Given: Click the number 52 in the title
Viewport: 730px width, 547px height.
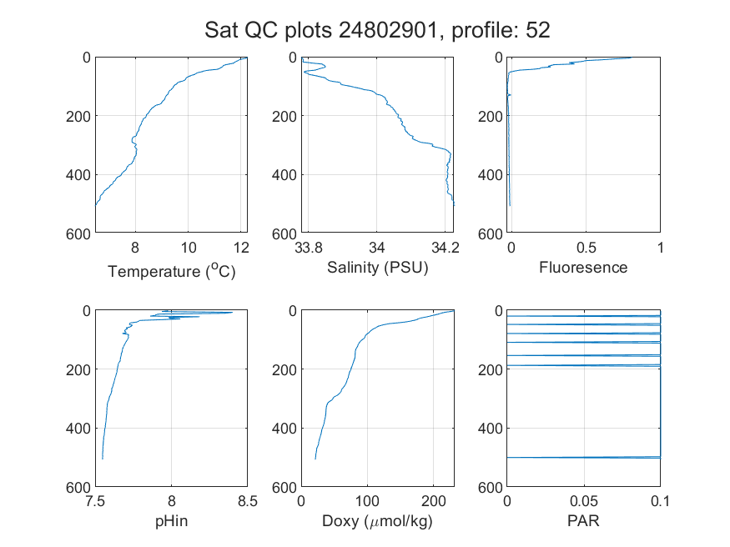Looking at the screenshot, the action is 538,30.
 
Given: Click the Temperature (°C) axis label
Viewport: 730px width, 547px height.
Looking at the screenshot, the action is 172,271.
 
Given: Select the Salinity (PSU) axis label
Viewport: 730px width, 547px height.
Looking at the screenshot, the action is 378,268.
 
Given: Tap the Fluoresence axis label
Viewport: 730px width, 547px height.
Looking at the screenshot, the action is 583,268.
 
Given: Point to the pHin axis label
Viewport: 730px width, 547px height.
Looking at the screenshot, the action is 171,521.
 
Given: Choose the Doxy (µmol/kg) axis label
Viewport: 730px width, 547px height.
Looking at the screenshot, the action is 377,521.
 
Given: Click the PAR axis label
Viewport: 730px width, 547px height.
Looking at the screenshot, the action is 583,520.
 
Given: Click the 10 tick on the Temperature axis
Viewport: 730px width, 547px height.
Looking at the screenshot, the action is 188,248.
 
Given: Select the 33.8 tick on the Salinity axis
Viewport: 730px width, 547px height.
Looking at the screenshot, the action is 309,248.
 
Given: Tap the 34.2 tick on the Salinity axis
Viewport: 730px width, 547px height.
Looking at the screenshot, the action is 446,248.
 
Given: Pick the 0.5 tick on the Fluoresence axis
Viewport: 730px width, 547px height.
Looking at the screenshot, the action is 587,248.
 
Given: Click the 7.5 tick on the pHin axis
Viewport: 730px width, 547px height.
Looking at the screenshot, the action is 95,501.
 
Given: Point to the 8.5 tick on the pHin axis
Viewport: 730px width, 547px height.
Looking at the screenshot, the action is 248,501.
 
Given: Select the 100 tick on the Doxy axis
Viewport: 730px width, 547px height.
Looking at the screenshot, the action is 367,501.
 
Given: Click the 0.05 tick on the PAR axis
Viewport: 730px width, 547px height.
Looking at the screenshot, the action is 584,501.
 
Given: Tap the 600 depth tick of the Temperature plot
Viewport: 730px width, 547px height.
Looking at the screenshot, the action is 78,234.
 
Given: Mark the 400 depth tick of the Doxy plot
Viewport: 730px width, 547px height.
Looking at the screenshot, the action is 284,428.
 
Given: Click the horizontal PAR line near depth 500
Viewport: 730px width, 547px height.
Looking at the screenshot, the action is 583,458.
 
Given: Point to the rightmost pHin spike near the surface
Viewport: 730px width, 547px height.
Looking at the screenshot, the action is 231,312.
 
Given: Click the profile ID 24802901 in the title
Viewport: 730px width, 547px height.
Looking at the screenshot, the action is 388,30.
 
